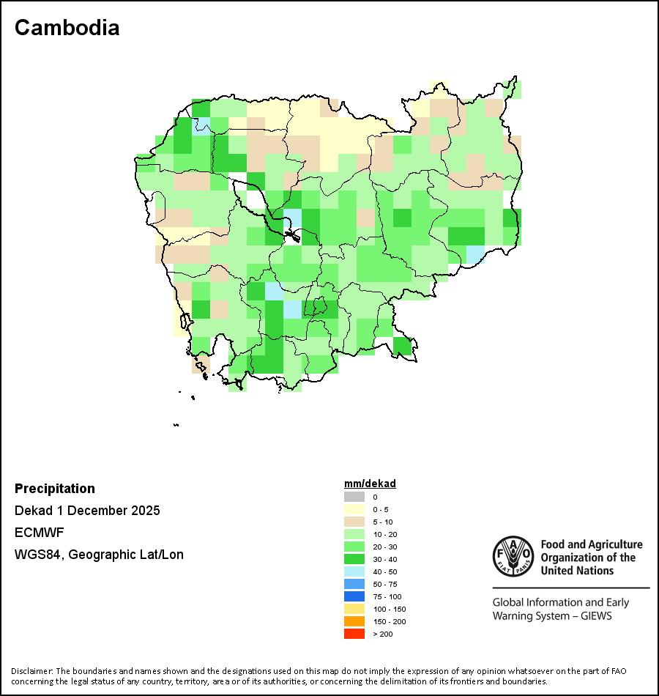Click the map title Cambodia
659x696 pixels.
point(67,28)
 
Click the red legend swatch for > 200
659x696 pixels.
point(354,634)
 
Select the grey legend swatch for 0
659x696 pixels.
point(354,497)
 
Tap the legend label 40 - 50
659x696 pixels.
point(384,571)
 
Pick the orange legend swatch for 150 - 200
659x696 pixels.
point(354,621)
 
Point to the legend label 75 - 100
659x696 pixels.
point(387,596)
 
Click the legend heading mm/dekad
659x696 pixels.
point(370,484)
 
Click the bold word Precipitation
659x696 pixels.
point(55,489)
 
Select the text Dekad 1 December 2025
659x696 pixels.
point(87,511)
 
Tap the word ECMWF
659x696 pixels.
point(38,533)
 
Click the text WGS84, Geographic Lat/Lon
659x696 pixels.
point(99,555)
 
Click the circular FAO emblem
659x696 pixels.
point(513,557)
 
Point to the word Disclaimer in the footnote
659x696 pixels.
point(31,671)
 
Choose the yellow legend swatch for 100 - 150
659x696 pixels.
point(354,609)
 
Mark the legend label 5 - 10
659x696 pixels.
point(382,522)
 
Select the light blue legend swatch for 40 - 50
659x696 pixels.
point(354,571)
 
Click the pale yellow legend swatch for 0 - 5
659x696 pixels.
point(354,509)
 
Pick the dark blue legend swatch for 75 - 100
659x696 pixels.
point(354,596)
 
